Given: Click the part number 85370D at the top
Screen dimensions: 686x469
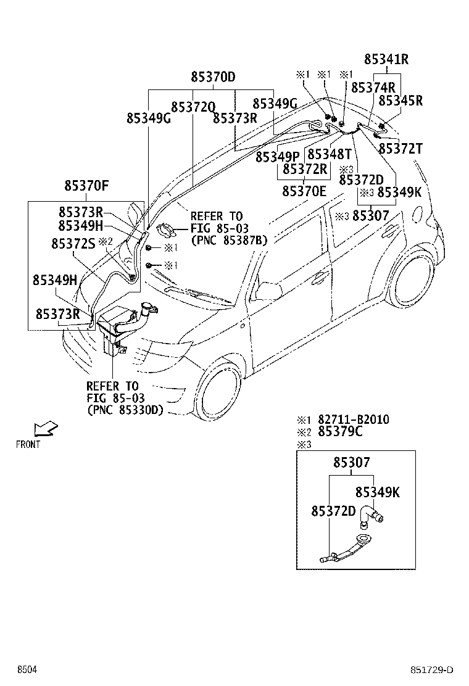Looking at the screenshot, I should point(212,78).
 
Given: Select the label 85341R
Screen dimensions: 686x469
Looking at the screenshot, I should point(386,60).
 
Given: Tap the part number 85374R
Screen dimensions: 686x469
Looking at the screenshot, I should point(373,88).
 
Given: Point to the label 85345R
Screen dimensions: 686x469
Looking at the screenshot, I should point(400,100).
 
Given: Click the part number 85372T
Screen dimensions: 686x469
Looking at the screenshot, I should point(400,149).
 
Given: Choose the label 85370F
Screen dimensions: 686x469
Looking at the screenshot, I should point(86,184).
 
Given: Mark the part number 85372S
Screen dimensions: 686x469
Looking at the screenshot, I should point(73,244).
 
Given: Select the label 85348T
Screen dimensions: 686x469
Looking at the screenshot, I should point(329,154).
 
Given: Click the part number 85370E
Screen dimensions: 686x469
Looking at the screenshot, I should point(304,191).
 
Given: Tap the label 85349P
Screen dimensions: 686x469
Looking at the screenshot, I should point(277,157).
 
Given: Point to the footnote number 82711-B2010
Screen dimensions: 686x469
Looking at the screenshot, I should point(353,419).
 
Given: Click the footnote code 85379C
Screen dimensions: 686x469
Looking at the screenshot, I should point(340,432).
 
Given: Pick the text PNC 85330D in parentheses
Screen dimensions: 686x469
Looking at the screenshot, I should point(125,410).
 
